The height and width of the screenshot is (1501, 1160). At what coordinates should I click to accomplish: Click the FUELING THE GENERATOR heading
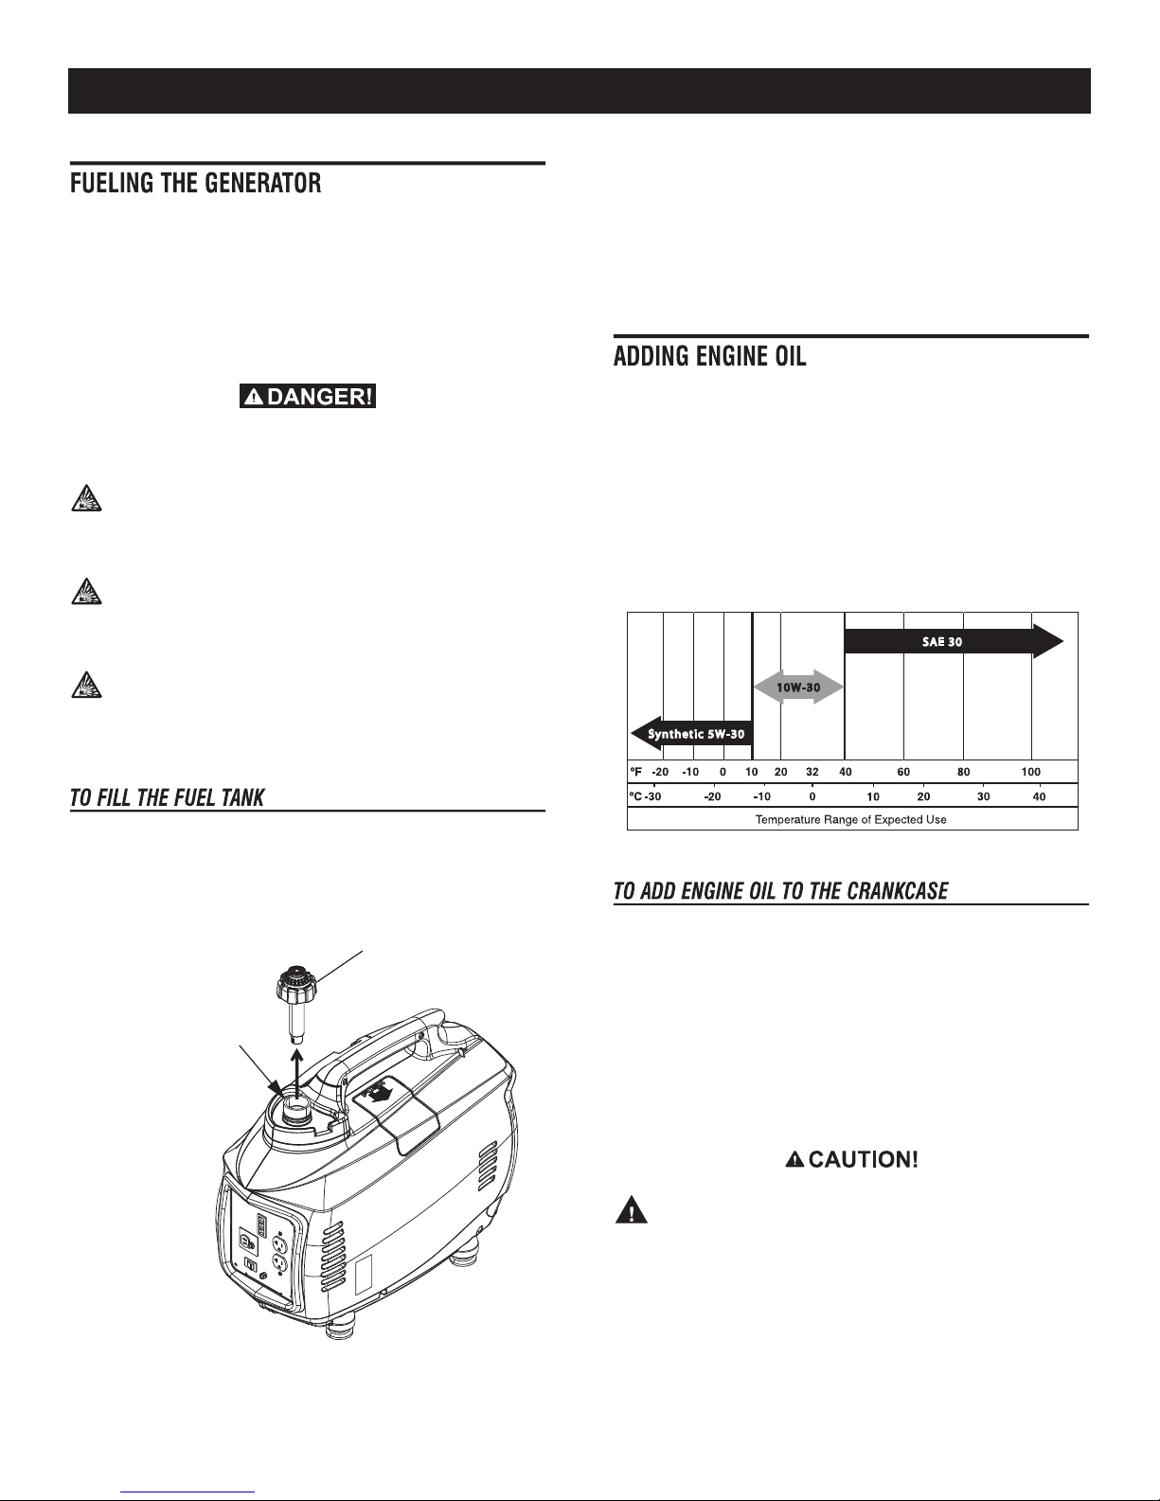pos(196,184)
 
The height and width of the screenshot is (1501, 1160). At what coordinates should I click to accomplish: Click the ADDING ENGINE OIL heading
pos(710,358)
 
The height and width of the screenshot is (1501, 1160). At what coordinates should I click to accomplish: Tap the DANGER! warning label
pos(309,397)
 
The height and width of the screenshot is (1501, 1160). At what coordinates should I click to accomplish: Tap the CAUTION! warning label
pos(852,1160)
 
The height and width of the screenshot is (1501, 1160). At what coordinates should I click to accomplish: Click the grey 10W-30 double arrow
pos(798,687)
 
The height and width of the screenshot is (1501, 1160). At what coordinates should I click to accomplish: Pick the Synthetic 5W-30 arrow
pos(691,734)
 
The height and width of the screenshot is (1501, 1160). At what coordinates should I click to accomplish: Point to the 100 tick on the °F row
pos(1030,773)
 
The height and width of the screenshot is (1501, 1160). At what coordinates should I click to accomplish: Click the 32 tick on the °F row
pos(812,773)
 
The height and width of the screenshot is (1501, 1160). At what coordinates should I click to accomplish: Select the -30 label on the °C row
pos(653,796)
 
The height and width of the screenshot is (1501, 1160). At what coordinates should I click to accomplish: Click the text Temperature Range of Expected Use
pos(850,819)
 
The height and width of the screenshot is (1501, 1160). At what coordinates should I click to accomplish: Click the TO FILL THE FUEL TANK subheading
pos(167,798)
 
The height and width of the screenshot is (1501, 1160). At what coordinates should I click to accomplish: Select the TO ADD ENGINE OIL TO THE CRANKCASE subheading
pos(781,892)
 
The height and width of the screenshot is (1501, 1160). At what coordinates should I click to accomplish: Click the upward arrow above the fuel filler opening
pos(298,1070)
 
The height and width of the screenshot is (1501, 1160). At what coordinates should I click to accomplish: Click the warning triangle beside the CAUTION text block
pos(630,1211)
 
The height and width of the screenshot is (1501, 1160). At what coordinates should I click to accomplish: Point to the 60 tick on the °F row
pos(903,773)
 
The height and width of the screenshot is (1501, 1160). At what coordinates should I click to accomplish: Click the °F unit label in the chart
pos(637,773)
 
